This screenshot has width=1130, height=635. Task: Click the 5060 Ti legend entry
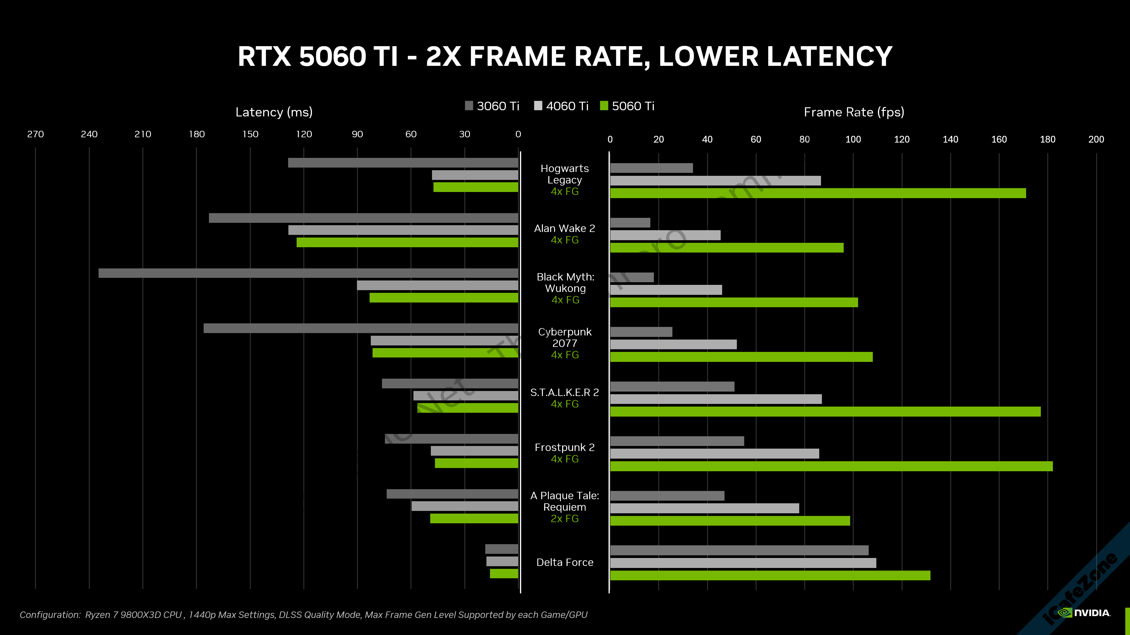coord(627,106)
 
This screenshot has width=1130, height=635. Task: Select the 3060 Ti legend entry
coord(492,106)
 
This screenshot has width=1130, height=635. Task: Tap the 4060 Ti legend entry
coord(561,106)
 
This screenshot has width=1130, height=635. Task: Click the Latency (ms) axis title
coord(274,112)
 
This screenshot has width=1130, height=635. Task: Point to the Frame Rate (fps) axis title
coord(854,112)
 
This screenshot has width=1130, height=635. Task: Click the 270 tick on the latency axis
coord(36,134)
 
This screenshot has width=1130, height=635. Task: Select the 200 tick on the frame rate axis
coord(1096,139)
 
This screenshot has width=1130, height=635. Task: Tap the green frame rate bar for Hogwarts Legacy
coord(818,193)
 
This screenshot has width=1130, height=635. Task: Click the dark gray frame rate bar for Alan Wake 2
coord(630,223)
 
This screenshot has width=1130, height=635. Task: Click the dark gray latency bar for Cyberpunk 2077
coord(360,328)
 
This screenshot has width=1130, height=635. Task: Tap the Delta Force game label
coord(565,562)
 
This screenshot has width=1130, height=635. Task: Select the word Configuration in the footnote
coord(49,615)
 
